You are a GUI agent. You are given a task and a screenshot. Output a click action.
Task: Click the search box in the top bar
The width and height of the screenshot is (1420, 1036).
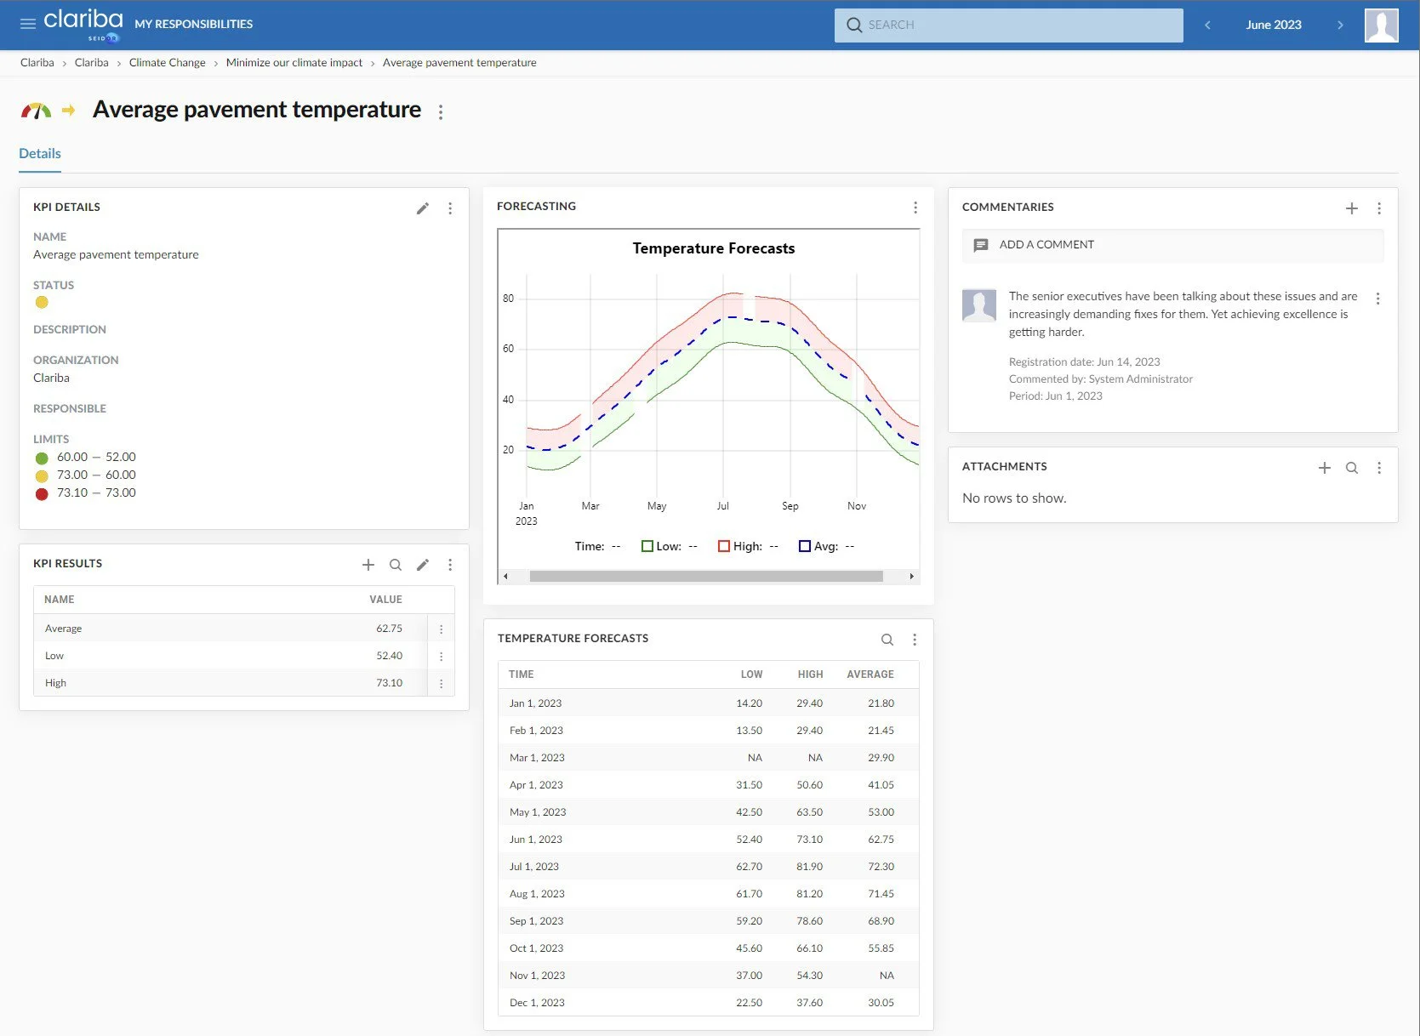tap(1008, 26)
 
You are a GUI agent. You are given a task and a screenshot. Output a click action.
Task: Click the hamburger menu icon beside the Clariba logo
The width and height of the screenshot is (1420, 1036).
tap(28, 24)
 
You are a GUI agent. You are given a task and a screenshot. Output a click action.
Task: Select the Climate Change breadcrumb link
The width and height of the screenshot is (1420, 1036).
tap(167, 63)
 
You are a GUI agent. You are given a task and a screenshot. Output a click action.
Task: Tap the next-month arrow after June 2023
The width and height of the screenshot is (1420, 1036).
tap(1340, 26)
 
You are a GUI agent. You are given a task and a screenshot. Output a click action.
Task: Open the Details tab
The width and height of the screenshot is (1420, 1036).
tap(40, 154)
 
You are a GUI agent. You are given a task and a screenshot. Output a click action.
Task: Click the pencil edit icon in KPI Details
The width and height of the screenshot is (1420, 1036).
tap(422, 208)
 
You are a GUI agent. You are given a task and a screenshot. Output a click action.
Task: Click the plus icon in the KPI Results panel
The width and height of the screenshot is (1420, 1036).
tap(368, 565)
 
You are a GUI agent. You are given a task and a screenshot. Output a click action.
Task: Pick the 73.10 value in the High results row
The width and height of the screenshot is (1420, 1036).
tap(389, 683)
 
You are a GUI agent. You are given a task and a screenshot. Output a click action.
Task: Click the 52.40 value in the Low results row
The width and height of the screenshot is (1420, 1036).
tap(389, 656)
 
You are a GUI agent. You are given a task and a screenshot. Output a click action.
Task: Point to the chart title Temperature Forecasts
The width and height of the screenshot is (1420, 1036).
tap(713, 248)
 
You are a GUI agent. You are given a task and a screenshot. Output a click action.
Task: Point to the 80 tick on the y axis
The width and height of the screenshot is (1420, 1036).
tap(508, 299)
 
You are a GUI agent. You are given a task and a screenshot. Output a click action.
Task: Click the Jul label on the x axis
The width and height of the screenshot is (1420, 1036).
tap(722, 506)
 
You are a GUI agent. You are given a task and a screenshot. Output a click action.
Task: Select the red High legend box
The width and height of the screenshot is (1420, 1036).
tap(724, 546)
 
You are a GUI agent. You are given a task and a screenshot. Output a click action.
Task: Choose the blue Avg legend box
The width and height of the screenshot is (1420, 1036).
tap(805, 546)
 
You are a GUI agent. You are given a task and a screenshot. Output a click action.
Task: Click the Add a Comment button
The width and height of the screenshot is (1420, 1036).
tap(1046, 245)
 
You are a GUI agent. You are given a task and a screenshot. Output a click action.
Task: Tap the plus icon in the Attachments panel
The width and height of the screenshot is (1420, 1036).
tap(1324, 468)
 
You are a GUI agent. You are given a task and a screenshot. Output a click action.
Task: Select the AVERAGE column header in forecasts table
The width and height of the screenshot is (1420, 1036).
tap(870, 675)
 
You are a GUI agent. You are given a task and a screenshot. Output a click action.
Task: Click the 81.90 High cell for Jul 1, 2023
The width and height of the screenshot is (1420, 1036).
tap(809, 867)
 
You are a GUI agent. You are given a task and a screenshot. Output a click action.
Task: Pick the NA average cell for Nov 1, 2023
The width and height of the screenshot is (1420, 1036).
tap(887, 976)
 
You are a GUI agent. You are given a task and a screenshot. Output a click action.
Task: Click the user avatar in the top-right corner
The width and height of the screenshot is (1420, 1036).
tap(1381, 26)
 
